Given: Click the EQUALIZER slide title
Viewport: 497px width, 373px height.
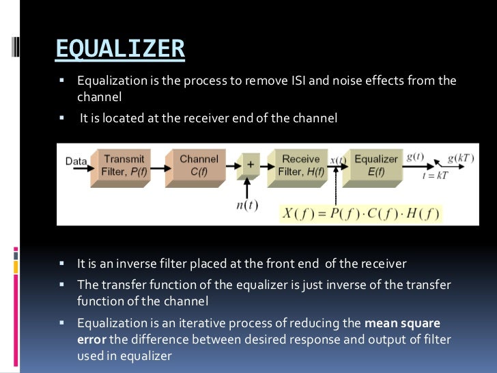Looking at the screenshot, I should (119, 49).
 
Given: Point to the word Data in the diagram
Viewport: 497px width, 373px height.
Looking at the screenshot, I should (76, 162).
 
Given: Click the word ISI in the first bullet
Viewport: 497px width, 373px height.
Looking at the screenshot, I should (265, 81).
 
